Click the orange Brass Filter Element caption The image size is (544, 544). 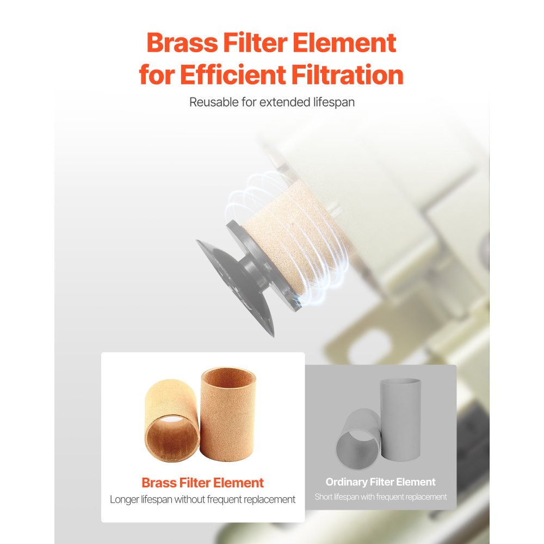(x=202, y=483)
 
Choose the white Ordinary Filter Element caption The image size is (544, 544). (x=380, y=482)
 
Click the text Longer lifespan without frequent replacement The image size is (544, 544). (x=202, y=499)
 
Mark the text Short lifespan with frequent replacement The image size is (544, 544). (x=380, y=497)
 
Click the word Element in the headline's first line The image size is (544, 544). (x=344, y=43)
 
